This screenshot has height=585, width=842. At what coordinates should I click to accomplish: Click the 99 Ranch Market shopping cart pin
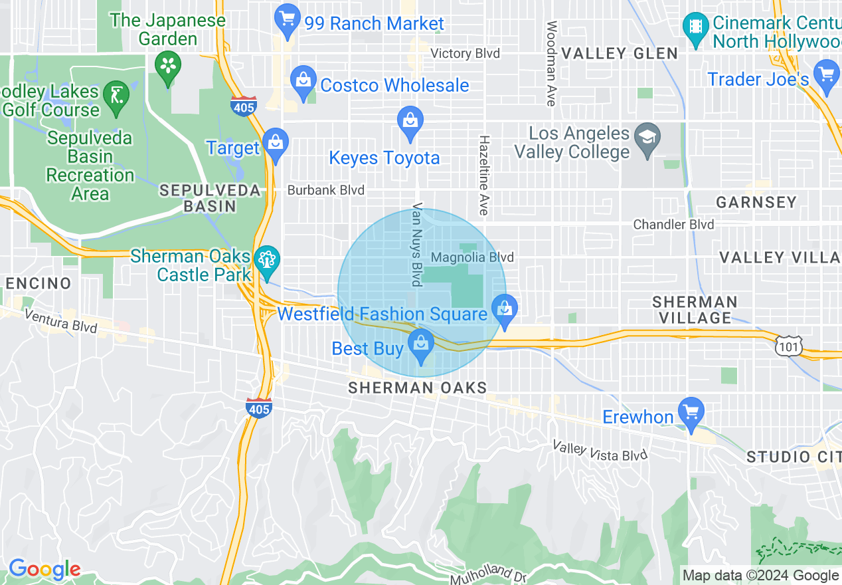(288, 21)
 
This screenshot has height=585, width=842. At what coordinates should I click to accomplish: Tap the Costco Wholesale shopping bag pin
(303, 82)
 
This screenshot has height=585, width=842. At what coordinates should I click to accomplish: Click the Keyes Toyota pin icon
(410, 123)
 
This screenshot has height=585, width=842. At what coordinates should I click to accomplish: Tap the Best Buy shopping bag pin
(420, 346)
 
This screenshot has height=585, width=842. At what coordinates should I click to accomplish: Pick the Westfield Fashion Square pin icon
(505, 311)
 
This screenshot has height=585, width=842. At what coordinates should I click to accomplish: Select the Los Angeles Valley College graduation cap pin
(645, 140)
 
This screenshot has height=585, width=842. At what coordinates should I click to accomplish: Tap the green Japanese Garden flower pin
(167, 67)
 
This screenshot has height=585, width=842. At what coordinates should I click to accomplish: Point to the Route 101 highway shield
(788, 345)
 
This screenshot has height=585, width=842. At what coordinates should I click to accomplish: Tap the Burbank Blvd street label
(325, 190)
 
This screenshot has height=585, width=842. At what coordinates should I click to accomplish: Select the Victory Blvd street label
(465, 53)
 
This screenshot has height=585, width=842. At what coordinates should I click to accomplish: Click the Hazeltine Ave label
(484, 175)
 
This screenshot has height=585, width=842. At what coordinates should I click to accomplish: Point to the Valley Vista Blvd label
(600, 451)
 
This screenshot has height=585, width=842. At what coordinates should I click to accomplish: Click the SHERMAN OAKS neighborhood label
(418, 388)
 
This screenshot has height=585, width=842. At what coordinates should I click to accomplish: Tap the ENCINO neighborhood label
(38, 283)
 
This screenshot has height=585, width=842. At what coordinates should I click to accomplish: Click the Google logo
(44, 569)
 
